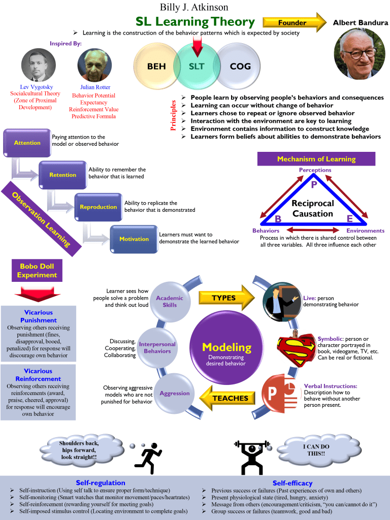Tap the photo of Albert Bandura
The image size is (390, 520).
359,53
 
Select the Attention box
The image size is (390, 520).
27,143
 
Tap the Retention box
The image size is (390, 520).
62,175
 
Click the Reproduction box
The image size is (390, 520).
98,207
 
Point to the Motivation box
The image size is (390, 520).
134,239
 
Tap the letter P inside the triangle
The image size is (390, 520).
314,185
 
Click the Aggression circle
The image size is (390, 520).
174,394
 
